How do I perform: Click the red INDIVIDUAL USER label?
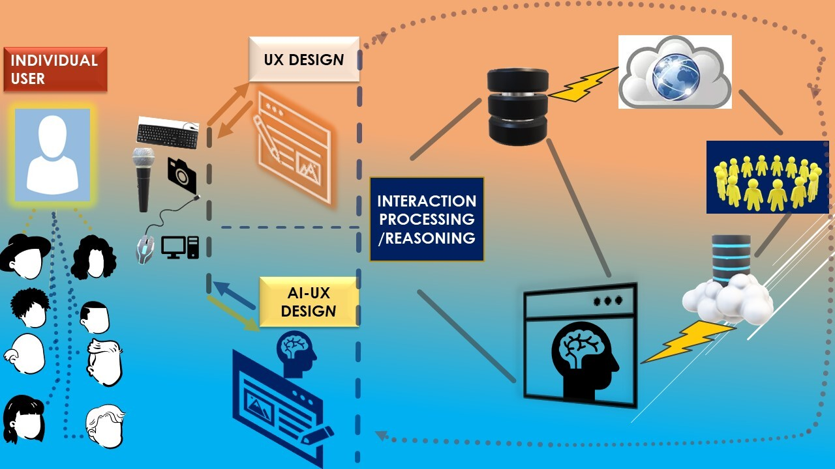(55, 69)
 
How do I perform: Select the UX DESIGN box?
(304, 59)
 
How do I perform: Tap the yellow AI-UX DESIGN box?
(309, 302)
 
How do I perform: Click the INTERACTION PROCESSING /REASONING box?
(427, 220)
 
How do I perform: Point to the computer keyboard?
(168, 133)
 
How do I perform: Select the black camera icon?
(182, 175)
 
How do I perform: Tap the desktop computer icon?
(180, 247)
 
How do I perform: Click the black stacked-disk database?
(518, 106)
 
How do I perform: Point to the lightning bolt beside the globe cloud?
(584, 84)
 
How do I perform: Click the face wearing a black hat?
(25, 256)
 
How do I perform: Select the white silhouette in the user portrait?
(53, 155)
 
